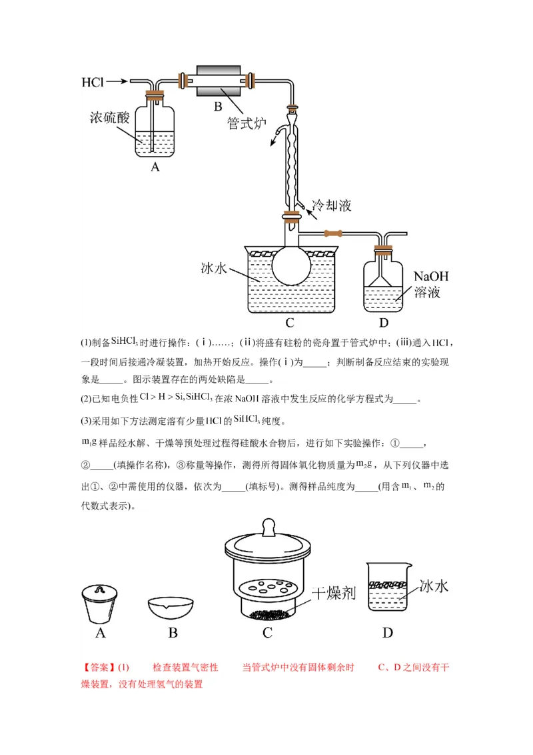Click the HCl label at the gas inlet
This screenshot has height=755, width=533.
point(93,82)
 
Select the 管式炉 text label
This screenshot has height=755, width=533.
point(247,123)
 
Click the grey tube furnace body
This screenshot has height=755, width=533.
point(218,81)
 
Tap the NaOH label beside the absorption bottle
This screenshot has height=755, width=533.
point(431,276)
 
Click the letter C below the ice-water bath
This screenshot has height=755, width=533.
point(290,323)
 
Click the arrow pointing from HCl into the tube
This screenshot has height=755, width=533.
point(117,81)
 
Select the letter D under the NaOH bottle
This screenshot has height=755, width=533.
point(383,323)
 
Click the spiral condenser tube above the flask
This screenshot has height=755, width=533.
point(292,160)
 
